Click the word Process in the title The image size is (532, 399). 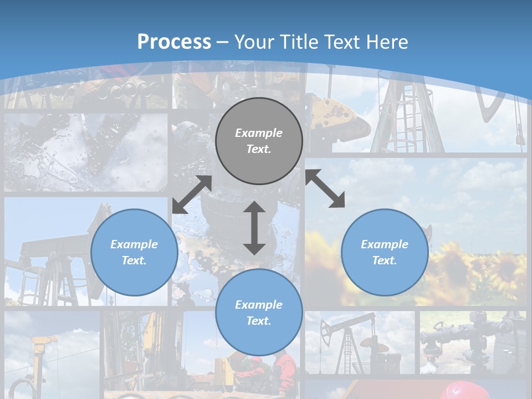(x=174, y=42)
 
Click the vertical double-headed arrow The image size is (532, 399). (x=254, y=228)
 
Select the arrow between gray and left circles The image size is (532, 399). (x=192, y=195)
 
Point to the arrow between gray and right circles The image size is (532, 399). (x=325, y=189)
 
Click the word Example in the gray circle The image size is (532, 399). (x=259, y=133)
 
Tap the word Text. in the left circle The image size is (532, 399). (x=134, y=260)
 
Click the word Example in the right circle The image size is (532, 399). (x=385, y=244)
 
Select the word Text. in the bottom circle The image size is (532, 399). (x=259, y=321)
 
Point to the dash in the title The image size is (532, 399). (x=222, y=42)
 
